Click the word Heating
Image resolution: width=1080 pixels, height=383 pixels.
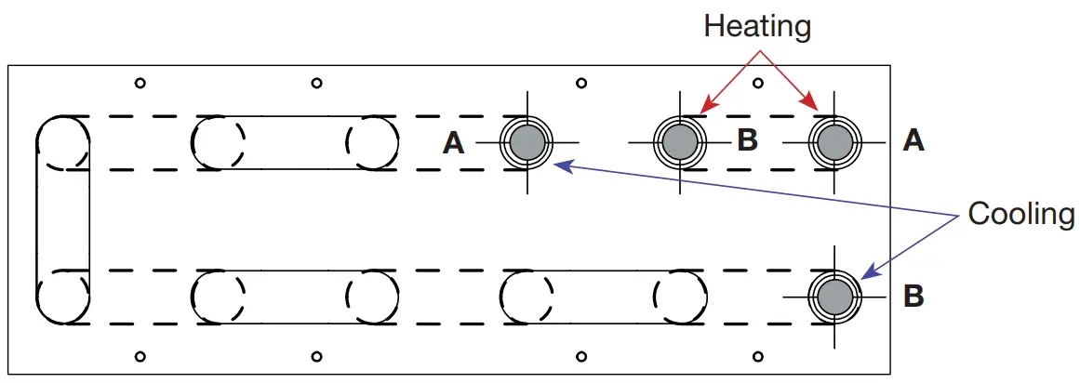tap(757, 26)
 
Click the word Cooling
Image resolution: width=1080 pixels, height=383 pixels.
tap(1020, 214)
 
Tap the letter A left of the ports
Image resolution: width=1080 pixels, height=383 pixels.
tap(454, 142)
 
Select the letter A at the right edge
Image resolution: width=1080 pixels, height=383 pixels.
tap(913, 140)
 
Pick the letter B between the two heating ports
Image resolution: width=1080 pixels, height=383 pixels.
tap(747, 140)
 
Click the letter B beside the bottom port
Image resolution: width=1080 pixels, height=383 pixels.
tap(913, 297)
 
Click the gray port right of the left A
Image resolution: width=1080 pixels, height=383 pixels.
tap(527, 142)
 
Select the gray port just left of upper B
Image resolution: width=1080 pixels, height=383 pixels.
tap(681, 142)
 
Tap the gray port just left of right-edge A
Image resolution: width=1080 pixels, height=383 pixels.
tap(833, 142)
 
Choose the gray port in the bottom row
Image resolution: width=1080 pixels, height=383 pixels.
tap(833, 297)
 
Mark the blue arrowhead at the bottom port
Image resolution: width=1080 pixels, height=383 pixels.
tap(865, 276)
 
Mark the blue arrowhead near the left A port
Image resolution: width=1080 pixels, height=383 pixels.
tap(557, 165)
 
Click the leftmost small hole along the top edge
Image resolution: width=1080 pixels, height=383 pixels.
tap(140, 83)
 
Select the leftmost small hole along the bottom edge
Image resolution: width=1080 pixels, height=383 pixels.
tap(140, 355)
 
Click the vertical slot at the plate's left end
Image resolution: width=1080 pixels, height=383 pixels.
tap(63, 219)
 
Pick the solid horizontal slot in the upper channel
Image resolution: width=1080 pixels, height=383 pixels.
tap(295, 142)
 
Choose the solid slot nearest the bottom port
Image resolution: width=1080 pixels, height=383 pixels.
tap(604, 297)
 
